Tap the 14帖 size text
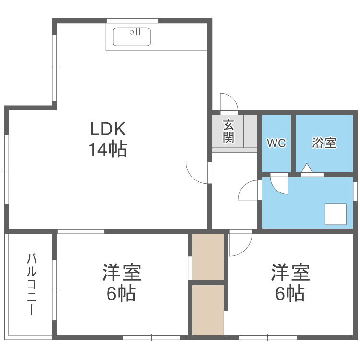point(108,150)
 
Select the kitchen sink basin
point(132,36)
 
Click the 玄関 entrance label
point(228,131)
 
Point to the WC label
point(276,143)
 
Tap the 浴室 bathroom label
point(324,143)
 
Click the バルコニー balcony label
point(31,284)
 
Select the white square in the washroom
point(336,214)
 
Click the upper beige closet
point(208,257)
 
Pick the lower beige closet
point(208,310)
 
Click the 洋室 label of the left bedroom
point(121,273)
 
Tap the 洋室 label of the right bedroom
point(290,273)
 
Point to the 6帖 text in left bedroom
point(121,293)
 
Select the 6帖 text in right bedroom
point(290,293)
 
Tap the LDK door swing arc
point(196,173)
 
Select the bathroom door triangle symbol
point(306,168)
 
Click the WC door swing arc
point(279,185)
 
